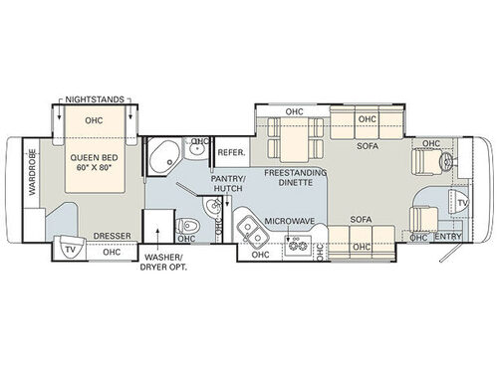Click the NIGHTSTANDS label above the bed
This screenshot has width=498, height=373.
point(96,100)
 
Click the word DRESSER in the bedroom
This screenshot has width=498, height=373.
point(112,237)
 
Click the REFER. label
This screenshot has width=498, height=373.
point(230,153)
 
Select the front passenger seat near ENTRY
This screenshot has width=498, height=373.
point(422,216)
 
